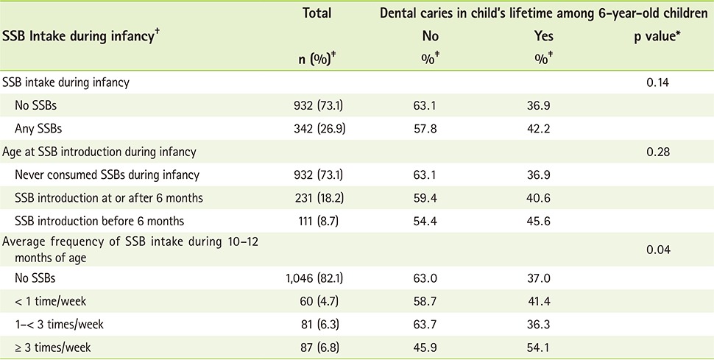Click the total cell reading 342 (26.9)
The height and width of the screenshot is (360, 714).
coord(317,127)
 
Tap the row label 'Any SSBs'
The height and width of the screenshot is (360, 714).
coord(38,127)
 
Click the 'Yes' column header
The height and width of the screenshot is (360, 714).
coord(543,35)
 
